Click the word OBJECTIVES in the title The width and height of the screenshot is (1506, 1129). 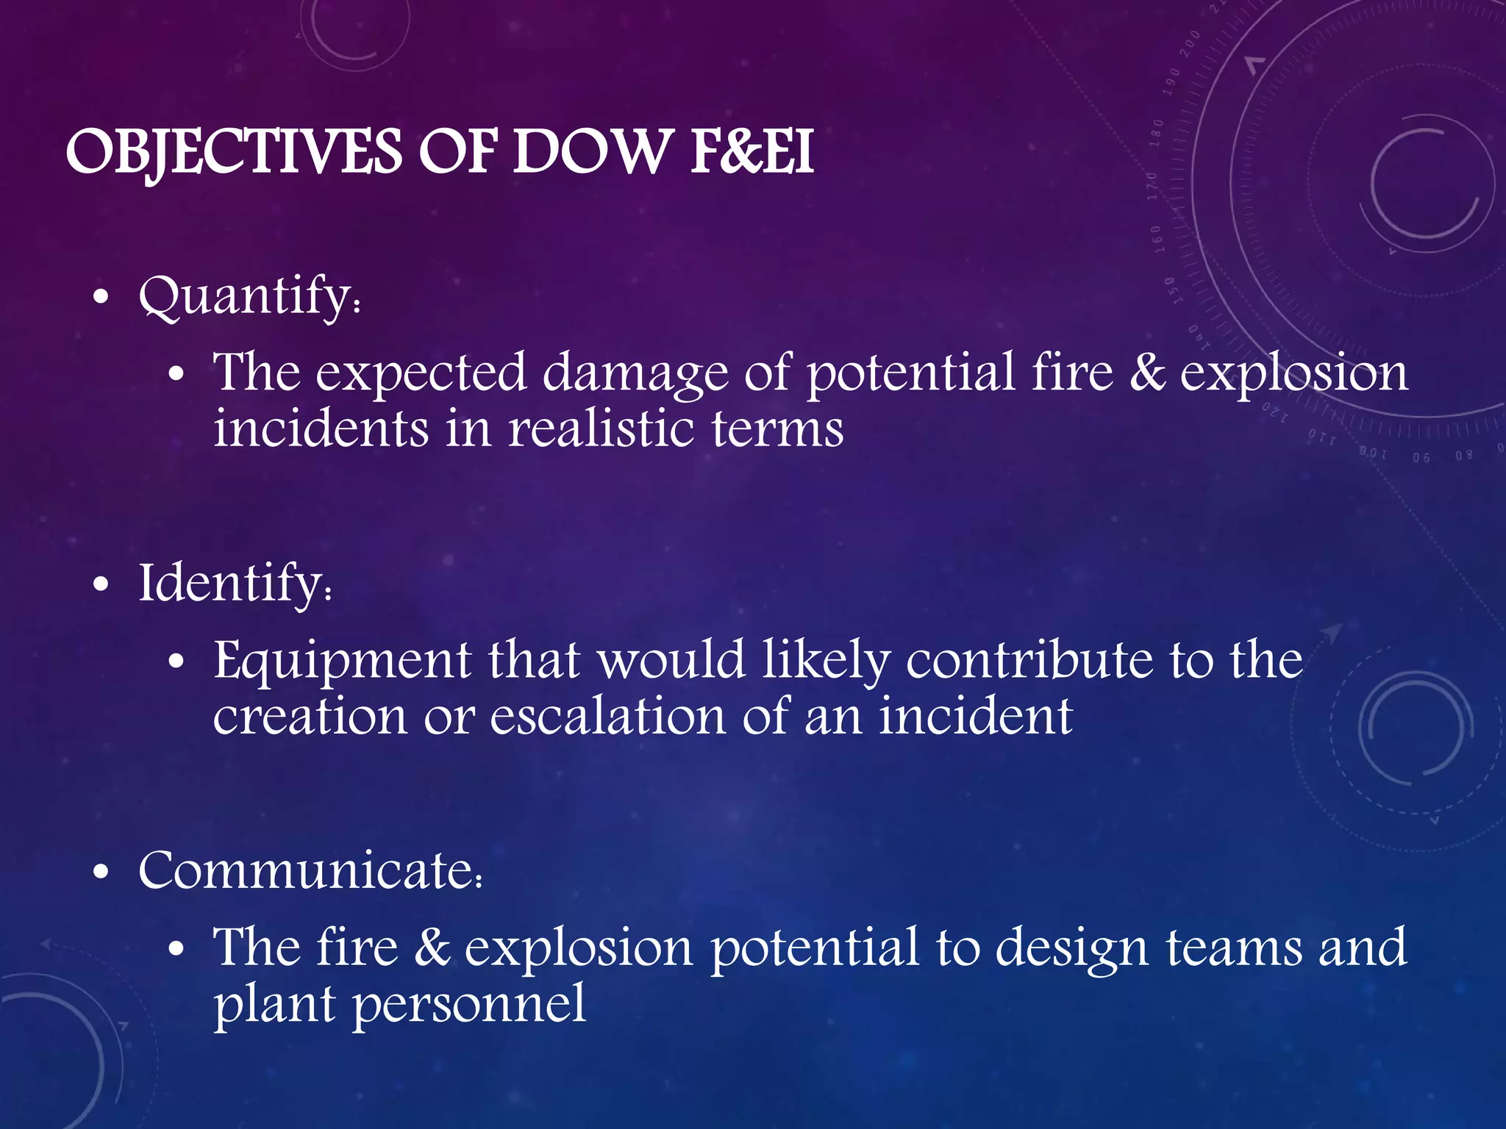point(234,153)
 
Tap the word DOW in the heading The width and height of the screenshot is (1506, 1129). point(588,153)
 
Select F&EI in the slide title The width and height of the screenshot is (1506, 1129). point(752,153)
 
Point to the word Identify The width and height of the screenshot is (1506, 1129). point(234,584)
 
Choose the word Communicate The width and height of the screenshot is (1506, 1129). point(309,871)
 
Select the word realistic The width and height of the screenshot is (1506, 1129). point(601,429)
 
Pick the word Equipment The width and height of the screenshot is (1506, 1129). point(342,661)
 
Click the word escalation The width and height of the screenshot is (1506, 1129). point(607,717)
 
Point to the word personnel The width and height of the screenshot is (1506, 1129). point(469,1004)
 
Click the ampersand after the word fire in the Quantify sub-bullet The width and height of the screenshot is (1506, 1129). point(1147,373)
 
